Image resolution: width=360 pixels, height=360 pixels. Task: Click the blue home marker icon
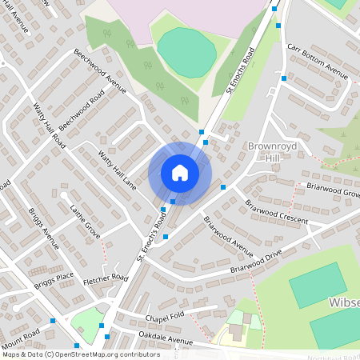(180, 173)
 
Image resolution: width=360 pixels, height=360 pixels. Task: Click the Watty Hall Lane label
(117, 170)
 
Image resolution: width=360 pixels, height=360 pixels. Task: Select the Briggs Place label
(54, 281)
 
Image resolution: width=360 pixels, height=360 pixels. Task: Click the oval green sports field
(187, 47)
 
